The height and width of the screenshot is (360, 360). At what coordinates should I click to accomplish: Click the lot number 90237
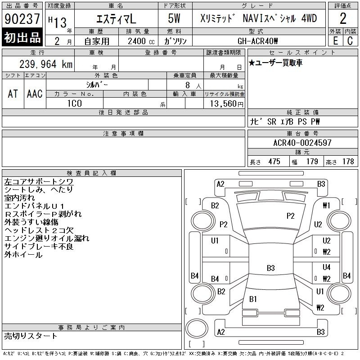(x=22, y=19)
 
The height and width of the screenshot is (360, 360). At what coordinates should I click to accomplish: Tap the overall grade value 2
(x=343, y=18)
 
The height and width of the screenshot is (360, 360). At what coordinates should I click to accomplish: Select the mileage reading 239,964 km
(x=46, y=64)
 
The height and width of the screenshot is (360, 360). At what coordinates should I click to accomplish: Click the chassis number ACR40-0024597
(x=302, y=143)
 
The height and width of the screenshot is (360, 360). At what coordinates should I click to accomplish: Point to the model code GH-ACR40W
(x=257, y=41)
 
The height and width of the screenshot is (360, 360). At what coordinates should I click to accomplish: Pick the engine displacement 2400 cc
(x=141, y=41)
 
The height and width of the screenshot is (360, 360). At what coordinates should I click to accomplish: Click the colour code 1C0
(x=75, y=103)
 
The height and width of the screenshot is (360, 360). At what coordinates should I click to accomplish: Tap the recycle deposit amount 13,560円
(x=227, y=104)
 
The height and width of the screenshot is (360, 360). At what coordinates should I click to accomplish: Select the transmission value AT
(x=13, y=94)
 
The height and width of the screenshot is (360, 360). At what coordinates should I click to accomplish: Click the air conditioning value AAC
(x=35, y=94)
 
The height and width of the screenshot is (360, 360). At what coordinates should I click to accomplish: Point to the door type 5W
(x=174, y=18)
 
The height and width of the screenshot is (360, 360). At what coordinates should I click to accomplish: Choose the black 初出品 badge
(x=22, y=37)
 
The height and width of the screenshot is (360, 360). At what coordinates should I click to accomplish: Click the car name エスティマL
(x=116, y=18)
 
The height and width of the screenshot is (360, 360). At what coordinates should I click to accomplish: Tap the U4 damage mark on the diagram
(x=327, y=267)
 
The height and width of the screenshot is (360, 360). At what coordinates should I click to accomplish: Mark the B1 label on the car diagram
(x=253, y=299)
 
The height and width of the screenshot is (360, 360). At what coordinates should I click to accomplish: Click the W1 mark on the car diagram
(x=326, y=205)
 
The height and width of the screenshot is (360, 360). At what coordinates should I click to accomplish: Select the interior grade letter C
(x=350, y=41)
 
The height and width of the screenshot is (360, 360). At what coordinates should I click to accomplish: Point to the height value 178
(x=348, y=162)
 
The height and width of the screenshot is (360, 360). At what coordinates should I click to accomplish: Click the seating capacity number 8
(x=188, y=85)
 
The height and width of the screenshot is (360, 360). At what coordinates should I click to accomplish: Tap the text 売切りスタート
(x=31, y=336)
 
